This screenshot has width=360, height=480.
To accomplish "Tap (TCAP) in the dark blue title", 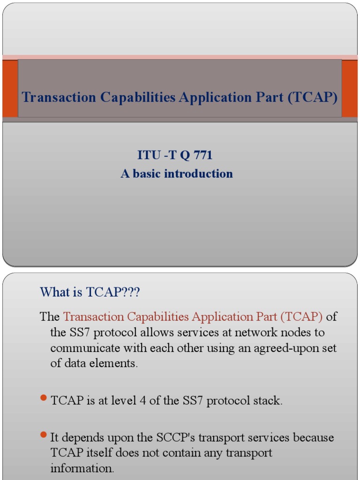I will (313, 97).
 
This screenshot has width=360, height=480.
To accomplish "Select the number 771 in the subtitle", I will (202, 155).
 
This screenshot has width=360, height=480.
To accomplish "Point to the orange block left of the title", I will (10, 88).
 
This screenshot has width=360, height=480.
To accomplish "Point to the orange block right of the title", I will (350, 88).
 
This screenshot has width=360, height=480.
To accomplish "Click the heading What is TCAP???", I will (90, 292).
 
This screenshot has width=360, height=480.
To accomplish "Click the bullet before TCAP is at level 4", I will (44, 398).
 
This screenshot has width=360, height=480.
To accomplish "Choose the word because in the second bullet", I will (314, 437).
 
